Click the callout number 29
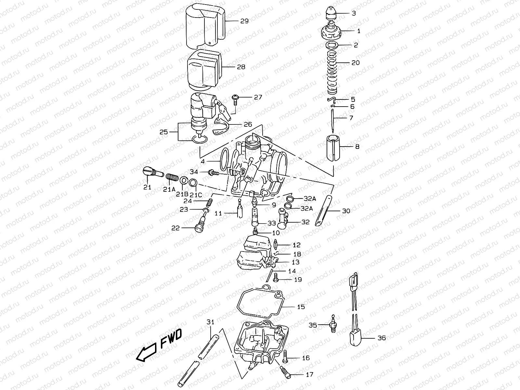244,21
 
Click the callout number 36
382,338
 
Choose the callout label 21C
195,195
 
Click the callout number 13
295,262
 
